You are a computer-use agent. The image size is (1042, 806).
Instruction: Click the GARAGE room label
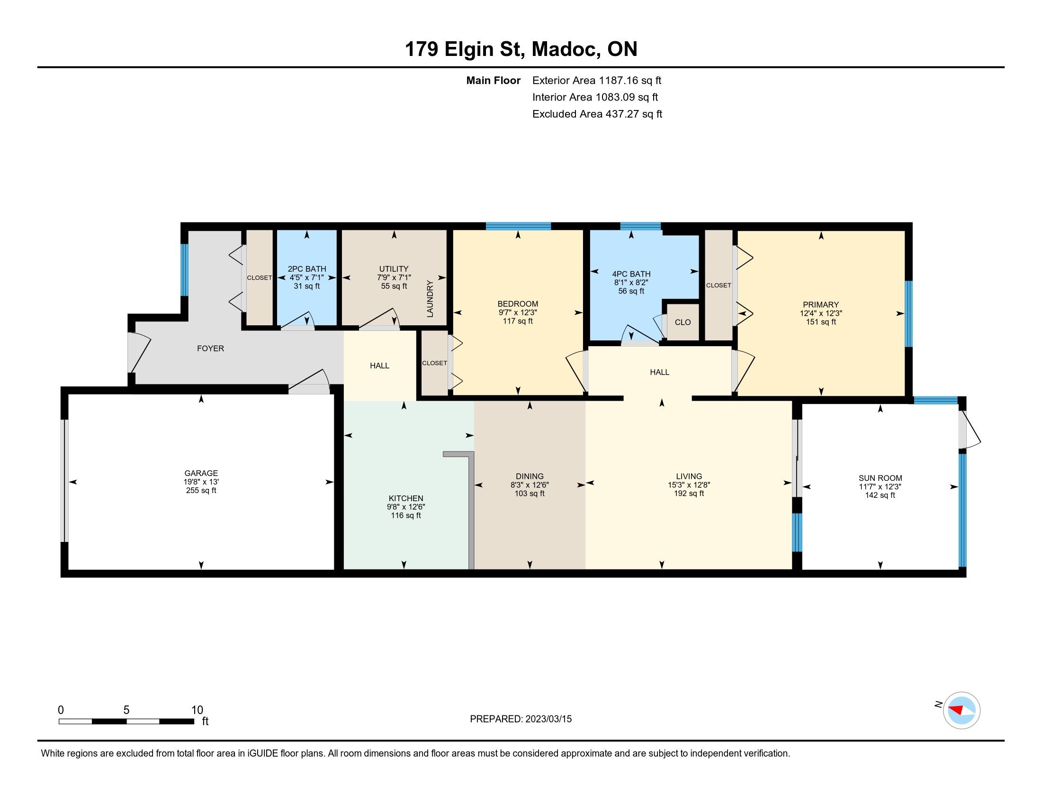(x=201, y=473)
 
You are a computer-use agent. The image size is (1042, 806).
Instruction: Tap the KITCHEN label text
(x=405, y=498)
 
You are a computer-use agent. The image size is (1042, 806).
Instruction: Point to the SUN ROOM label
(x=880, y=478)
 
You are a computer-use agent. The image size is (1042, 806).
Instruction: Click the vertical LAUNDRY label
(x=430, y=299)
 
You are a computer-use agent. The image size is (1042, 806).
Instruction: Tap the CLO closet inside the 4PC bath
(x=683, y=322)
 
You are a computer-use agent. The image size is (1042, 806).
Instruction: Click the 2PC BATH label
(x=307, y=269)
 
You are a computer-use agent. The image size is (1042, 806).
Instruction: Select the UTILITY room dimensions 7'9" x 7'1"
(x=394, y=277)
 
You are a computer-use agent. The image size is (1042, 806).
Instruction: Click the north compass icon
(x=961, y=710)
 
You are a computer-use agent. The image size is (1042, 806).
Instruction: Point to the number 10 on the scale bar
(x=197, y=710)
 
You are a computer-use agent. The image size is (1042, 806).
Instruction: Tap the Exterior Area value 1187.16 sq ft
(x=630, y=80)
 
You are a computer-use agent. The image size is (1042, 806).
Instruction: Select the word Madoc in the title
(x=566, y=49)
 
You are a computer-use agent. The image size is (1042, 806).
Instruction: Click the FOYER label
(x=210, y=348)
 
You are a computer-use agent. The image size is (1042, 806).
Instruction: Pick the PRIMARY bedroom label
(x=821, y=305)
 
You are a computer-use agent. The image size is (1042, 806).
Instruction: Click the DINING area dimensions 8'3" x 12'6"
(x=530, y=485)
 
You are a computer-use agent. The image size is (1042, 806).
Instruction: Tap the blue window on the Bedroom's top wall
(x=519, y=226)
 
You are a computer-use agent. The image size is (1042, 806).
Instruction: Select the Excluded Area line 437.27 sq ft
(x=597, y=114)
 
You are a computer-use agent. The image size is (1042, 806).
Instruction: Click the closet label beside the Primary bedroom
(x=719, y=285)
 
